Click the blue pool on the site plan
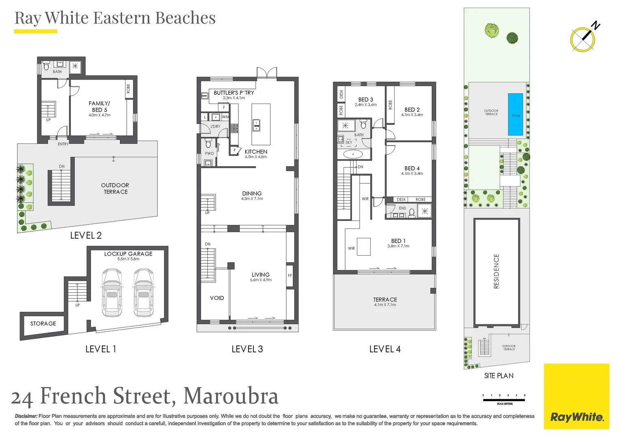point(515,114)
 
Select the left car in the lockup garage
point(112,293)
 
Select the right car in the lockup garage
point(143,293)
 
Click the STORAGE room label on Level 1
point(43,324)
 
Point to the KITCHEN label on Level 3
point(256,152)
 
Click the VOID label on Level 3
point(217,298)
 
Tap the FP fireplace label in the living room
point(290,276)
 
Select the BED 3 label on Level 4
point(365,100)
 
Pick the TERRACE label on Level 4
point(385,300)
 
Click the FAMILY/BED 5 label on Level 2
point(99,106)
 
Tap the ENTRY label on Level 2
point(63,144)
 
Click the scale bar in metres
point(504,400)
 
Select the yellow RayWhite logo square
point(577,396)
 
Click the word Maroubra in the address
point(231,396)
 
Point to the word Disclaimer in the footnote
point(26,416)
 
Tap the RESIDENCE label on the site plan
point(496,271)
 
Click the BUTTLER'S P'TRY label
point(234,93)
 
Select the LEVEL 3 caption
point(247,349)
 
